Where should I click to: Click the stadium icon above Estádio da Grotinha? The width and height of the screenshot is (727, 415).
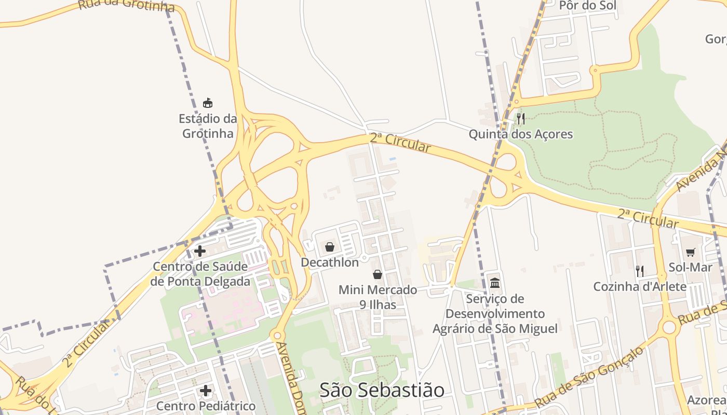[208, 103]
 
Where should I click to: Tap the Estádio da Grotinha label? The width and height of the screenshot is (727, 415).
[208, 126]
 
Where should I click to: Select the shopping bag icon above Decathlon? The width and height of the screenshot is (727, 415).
[329, 247]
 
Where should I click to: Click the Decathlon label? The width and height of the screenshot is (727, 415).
[330, 262]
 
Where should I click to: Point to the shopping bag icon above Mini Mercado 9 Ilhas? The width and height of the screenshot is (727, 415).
[378, 274]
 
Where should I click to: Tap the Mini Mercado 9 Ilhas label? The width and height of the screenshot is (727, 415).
[378, 297]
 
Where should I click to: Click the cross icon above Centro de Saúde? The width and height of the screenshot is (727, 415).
[200, 251]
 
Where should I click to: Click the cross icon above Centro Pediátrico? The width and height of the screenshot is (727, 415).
[206, 390]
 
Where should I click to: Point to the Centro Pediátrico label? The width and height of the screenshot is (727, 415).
[206, 406]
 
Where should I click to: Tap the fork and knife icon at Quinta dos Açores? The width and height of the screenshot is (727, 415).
[521, 119]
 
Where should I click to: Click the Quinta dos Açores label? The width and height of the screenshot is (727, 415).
[521, 134]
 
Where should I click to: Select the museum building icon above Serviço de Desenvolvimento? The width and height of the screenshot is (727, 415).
[495, 283]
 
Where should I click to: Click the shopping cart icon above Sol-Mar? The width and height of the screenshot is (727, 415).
[690, 252]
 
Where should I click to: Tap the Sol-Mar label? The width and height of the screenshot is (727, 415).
[690, 268]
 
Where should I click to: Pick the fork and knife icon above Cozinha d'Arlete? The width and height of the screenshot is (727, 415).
[640, 271]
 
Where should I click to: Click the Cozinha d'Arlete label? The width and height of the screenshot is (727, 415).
[640, 286]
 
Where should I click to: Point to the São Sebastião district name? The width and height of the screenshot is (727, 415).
[382, 390]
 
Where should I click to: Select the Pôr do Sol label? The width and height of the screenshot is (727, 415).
[587, 6]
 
